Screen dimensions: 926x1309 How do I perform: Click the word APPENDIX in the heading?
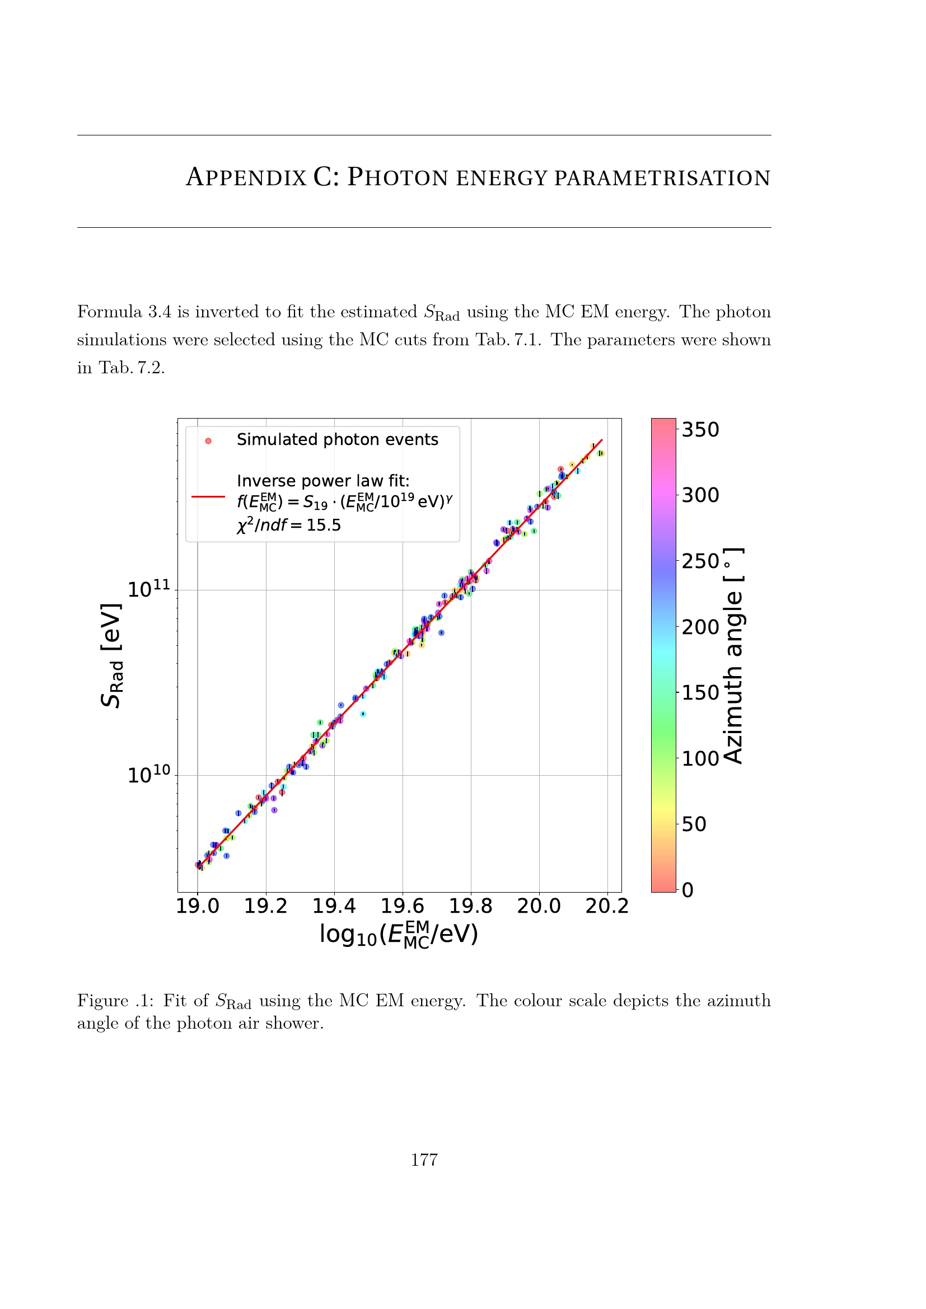pos(246,177)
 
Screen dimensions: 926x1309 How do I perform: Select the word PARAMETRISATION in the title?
pos(662,178)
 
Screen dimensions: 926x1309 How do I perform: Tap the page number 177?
pos(424,1160)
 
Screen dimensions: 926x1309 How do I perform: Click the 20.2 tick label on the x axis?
pos(607,906)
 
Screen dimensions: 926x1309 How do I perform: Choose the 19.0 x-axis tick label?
pos(197,906)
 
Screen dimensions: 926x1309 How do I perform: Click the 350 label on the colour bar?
pos(701,430)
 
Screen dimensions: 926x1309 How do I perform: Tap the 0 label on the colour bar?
pos(688,890)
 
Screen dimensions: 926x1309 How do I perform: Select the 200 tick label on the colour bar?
pos(701,627)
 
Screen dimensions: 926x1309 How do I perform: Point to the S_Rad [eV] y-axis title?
pos(111,655)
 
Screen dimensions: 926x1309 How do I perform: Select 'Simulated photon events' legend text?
pos(338,439)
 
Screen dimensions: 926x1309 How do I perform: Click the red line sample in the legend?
pos(208,496)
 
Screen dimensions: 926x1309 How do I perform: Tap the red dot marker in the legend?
pos(208,440)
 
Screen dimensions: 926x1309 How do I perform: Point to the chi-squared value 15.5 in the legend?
pos(324,525)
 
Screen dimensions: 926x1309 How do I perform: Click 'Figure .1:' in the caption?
pos(115,1001)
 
